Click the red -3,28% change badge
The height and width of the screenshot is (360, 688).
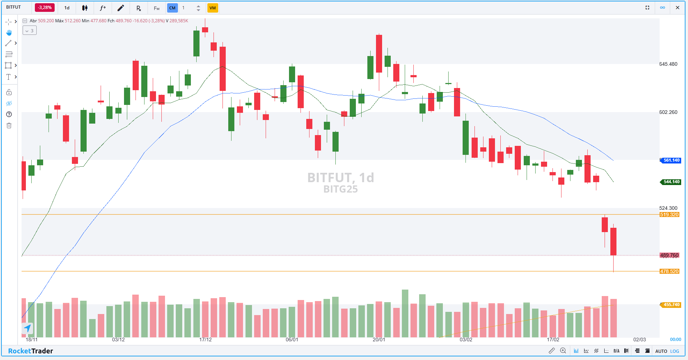pos(45,8)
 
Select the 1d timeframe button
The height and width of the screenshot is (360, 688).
pos(67,8)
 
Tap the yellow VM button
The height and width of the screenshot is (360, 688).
pos(212,8)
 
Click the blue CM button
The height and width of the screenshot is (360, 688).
pos(173,8)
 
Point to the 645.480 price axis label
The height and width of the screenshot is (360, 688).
pos(668,64)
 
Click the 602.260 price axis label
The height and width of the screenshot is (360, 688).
pos(668,112)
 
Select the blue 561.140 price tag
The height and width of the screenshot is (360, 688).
pos(671,160)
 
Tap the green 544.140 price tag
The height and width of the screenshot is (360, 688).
pos(671,182)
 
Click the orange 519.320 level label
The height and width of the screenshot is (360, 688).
pos(669,214)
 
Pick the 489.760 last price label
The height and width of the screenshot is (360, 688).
pos(669,255)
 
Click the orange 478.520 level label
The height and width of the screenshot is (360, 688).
pos(669,271)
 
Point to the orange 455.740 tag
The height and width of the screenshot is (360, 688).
pos(671,305)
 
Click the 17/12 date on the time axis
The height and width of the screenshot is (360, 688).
pos(205,340)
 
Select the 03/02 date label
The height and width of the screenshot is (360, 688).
pos(466,340)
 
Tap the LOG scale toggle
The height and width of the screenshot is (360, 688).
pos(675,351)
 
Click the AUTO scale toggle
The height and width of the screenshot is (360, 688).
pos(661,351)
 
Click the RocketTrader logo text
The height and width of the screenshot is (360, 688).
pos(31,351)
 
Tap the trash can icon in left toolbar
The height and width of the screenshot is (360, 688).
pos(9,125)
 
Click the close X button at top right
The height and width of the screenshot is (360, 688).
pos(678,8)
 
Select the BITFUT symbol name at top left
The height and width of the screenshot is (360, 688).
pos(14,7)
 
